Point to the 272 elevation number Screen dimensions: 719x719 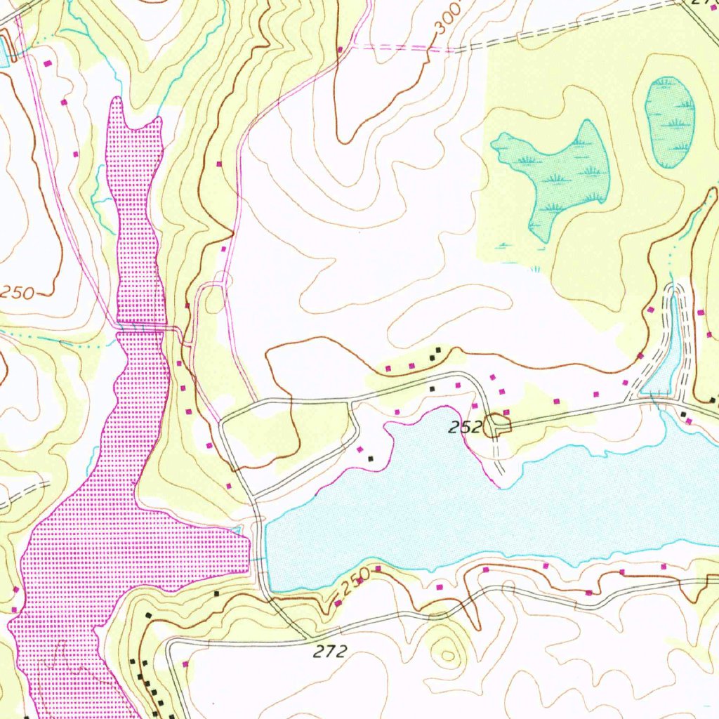[330, 652]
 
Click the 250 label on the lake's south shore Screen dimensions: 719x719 [355, 581]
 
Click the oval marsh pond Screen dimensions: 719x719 [669, 121]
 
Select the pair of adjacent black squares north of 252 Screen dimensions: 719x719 [436, 353]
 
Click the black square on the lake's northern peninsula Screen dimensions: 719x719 [371, 459]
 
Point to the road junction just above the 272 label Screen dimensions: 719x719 [307, 637]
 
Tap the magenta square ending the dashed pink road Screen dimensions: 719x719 [340, 49]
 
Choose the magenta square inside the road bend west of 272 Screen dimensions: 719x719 [186, 664]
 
